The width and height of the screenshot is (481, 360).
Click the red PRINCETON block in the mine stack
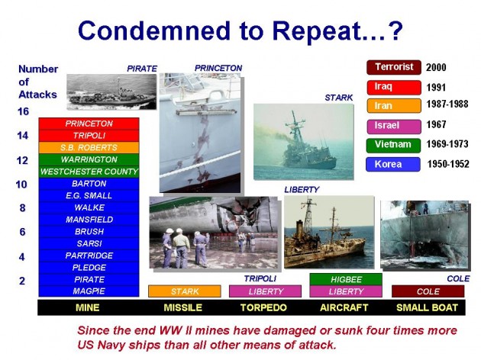click(x=89, y=124)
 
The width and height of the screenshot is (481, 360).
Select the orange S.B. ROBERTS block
click(x=89, y=147)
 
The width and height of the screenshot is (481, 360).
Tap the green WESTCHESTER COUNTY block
click(x=89, y=172)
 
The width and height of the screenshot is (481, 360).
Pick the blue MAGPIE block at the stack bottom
click(x=89, y=291)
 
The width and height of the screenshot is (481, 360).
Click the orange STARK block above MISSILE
click(x=184, y=291)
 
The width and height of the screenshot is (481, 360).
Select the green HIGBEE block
click(x=346, y=279)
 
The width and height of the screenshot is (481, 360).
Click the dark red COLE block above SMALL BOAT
click(x=428, y=291)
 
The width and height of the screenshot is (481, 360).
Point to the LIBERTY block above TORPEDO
click(x=266, y=291)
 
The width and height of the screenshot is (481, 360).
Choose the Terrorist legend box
click(x=393, y=67)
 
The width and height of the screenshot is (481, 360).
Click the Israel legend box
click(x=393, y=125)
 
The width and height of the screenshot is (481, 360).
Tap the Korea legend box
click(x=393, y=163)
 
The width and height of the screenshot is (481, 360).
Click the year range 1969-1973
click(x=447, y=144)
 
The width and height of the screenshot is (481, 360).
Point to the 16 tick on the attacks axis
click(x=23, y=111)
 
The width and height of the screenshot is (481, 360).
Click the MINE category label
click(x=89, y=307)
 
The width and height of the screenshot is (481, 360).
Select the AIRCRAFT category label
click(x=346, y=307)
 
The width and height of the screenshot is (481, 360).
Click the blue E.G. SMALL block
click(x=89, y=195)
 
